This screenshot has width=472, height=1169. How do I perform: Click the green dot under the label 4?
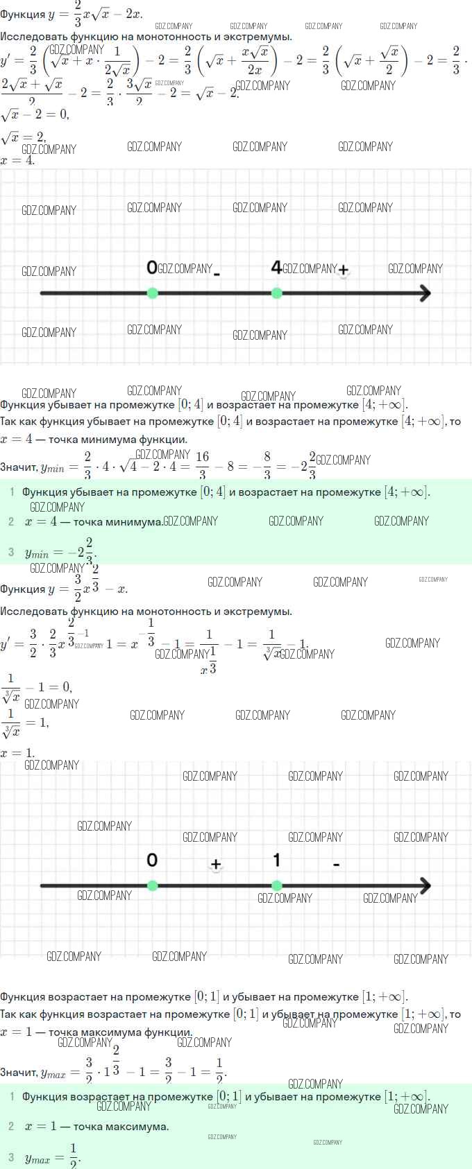(277, 293)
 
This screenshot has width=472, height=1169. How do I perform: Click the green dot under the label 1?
(277, 885)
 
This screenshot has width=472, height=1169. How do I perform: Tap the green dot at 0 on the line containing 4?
(153, 293)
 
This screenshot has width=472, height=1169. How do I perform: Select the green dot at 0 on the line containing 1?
(153, 885)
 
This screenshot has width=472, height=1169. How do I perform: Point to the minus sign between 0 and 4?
(217, 274)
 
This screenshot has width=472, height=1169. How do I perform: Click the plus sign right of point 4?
(343, 270)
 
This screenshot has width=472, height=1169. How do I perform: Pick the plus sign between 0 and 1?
(216, 864)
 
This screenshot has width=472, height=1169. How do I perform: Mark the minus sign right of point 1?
(336, 864)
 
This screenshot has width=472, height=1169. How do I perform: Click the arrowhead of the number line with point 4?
(424, 293)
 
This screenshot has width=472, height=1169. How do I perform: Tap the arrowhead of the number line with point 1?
(424, 885)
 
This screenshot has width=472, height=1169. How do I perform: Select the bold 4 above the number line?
(276, 267)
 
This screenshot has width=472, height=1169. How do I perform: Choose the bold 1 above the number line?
(276, 860)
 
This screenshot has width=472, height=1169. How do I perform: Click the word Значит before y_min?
(19, 467)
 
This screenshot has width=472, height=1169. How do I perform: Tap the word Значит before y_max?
(19, 1072)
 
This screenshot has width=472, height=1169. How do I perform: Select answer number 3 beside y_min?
(11, 552)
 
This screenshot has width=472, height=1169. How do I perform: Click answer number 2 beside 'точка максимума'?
(11, 1126)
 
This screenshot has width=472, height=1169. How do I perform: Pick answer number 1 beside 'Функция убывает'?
(11, 492)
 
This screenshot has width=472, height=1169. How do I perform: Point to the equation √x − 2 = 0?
(35, 114)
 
